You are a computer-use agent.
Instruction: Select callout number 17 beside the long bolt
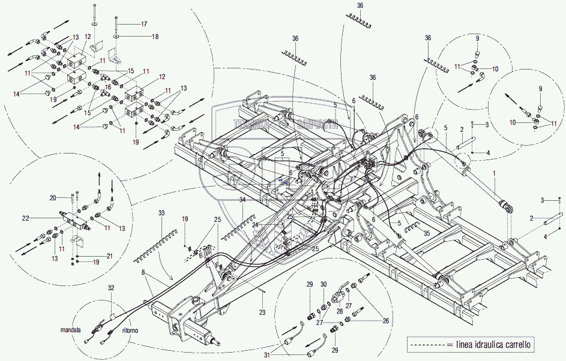pyautogui.click(x=143, y=24)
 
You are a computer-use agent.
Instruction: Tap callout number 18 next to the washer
pyautogui.click(x=155, y=37)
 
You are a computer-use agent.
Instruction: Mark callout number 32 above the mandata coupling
pyautogui.click(x=111, y=288)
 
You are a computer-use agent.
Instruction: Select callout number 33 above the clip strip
pyautogui.click(x=161, y=213)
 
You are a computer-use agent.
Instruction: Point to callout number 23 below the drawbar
pyautogui.click(x=262, y=312)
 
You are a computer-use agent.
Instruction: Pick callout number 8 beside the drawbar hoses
pyautogui.click(x=144, y=272)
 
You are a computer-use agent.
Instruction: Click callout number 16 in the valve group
pyautogui.click(x=108, y=87)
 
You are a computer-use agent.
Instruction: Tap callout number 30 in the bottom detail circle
pyautogui.click(x=324, y=284)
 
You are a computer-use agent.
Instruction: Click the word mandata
pyautogui.click(x=71, y=330)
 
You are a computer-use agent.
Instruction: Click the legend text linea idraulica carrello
pyautogui.click(x=493, y=344)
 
